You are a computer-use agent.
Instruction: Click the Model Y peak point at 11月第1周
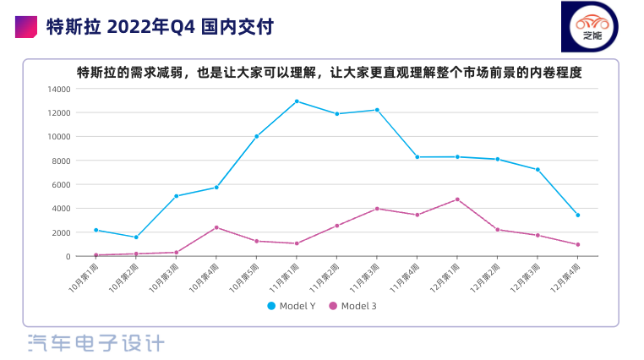click(297, 101)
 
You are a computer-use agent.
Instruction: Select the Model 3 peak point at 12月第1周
click(457, 199)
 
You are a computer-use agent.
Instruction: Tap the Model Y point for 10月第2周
click(136, 237)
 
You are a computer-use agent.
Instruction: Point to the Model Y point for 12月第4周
click(577, 215)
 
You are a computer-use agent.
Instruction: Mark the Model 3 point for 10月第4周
click(216, 227)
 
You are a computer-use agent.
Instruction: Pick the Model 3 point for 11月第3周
click(377, 209)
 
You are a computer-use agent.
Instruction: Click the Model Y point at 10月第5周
click(257, 136)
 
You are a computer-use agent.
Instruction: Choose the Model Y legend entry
click(292, 305)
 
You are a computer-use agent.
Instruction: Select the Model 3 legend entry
click(353, 305)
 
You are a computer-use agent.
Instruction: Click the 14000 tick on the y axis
click(59, 89)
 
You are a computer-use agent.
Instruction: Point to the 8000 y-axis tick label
click(62, 161)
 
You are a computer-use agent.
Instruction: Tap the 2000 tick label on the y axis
click(62, 232)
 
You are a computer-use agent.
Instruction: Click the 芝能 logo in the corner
click(590, 26)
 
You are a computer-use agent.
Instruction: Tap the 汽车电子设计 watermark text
click(96, 343)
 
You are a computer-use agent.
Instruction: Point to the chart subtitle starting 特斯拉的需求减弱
click(330, 72)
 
